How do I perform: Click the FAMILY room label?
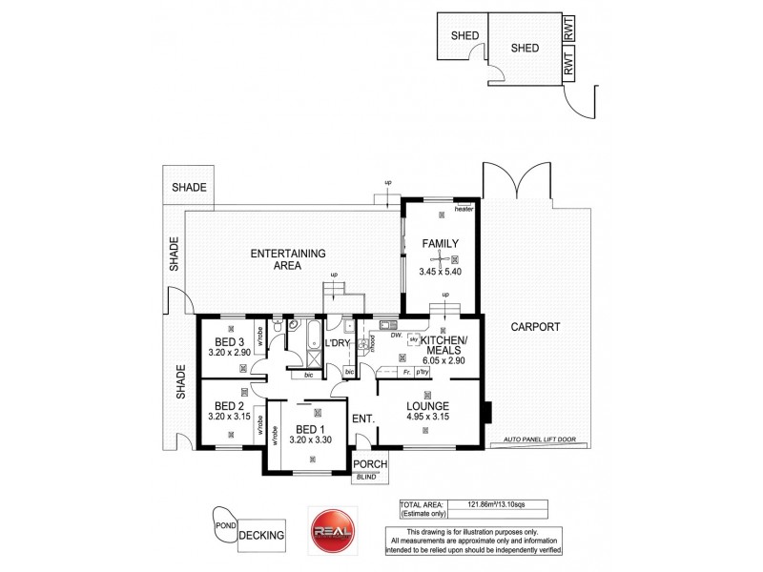(441, 244)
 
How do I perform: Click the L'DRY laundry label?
(339, 343)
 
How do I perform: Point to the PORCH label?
(369, 465)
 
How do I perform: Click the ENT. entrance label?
(362, 419)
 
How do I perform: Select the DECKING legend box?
(262, 535)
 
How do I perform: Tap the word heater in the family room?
(464, 210)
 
